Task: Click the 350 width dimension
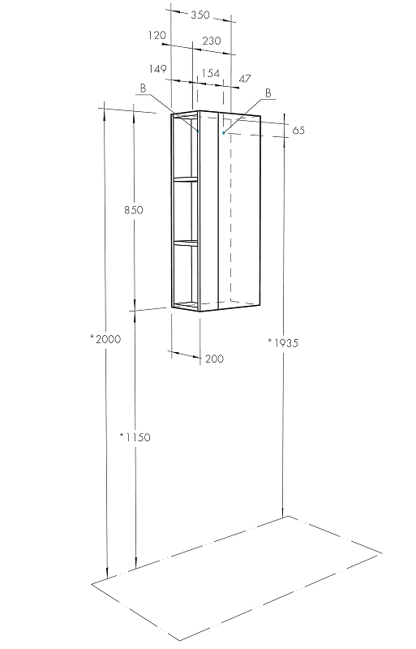200,15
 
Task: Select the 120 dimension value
157,36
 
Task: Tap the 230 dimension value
212,41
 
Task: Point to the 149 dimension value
157,69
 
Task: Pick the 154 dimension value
210,73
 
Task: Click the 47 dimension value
245,79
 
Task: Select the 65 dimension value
298,131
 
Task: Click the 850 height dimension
134,210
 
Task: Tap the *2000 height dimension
105,339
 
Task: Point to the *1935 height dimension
283,342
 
